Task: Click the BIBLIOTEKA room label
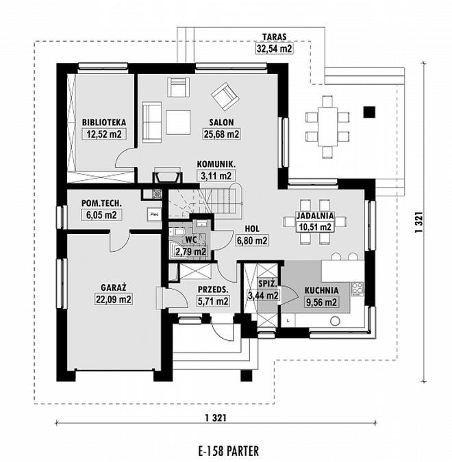104,123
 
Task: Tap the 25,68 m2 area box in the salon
221,134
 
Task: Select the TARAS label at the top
274,37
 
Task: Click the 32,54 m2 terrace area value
274,49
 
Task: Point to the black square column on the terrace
369,112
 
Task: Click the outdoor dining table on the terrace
327,127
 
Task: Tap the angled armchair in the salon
225,97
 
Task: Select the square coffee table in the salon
178,122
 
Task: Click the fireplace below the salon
167,177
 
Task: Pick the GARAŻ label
114,287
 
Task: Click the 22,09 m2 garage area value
114,299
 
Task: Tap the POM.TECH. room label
101,203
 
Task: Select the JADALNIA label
315,216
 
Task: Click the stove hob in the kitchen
357,289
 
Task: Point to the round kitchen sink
335,321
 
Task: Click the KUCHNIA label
321,290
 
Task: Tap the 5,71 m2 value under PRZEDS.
213,301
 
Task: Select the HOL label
252,229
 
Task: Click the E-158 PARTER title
229,451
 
